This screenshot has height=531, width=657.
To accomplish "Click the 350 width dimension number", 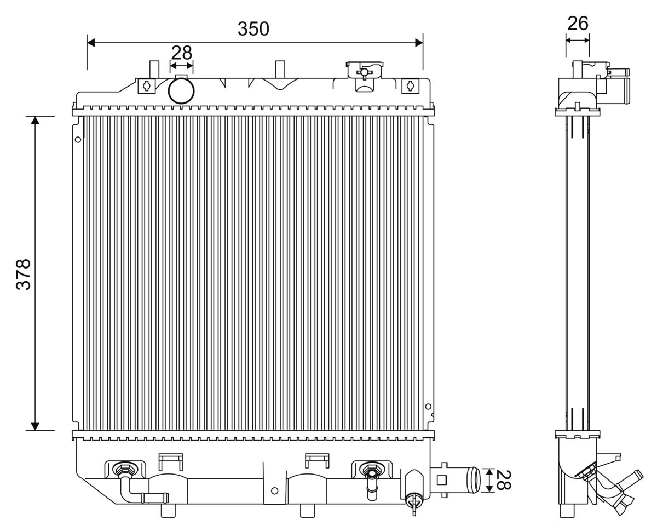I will click(253, 28).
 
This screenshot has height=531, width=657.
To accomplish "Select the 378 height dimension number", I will click(24, 273).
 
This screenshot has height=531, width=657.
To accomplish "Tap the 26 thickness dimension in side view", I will click(578, 24).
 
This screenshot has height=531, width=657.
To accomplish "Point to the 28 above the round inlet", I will click(181, 53).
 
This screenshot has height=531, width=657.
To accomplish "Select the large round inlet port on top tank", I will click(181, 91).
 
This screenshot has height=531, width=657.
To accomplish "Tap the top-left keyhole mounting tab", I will click(146, 85).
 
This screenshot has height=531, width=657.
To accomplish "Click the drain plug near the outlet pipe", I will click(414, 499).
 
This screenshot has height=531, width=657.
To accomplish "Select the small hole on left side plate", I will click(78, 140).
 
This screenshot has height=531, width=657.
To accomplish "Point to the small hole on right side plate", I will click(428, 407).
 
